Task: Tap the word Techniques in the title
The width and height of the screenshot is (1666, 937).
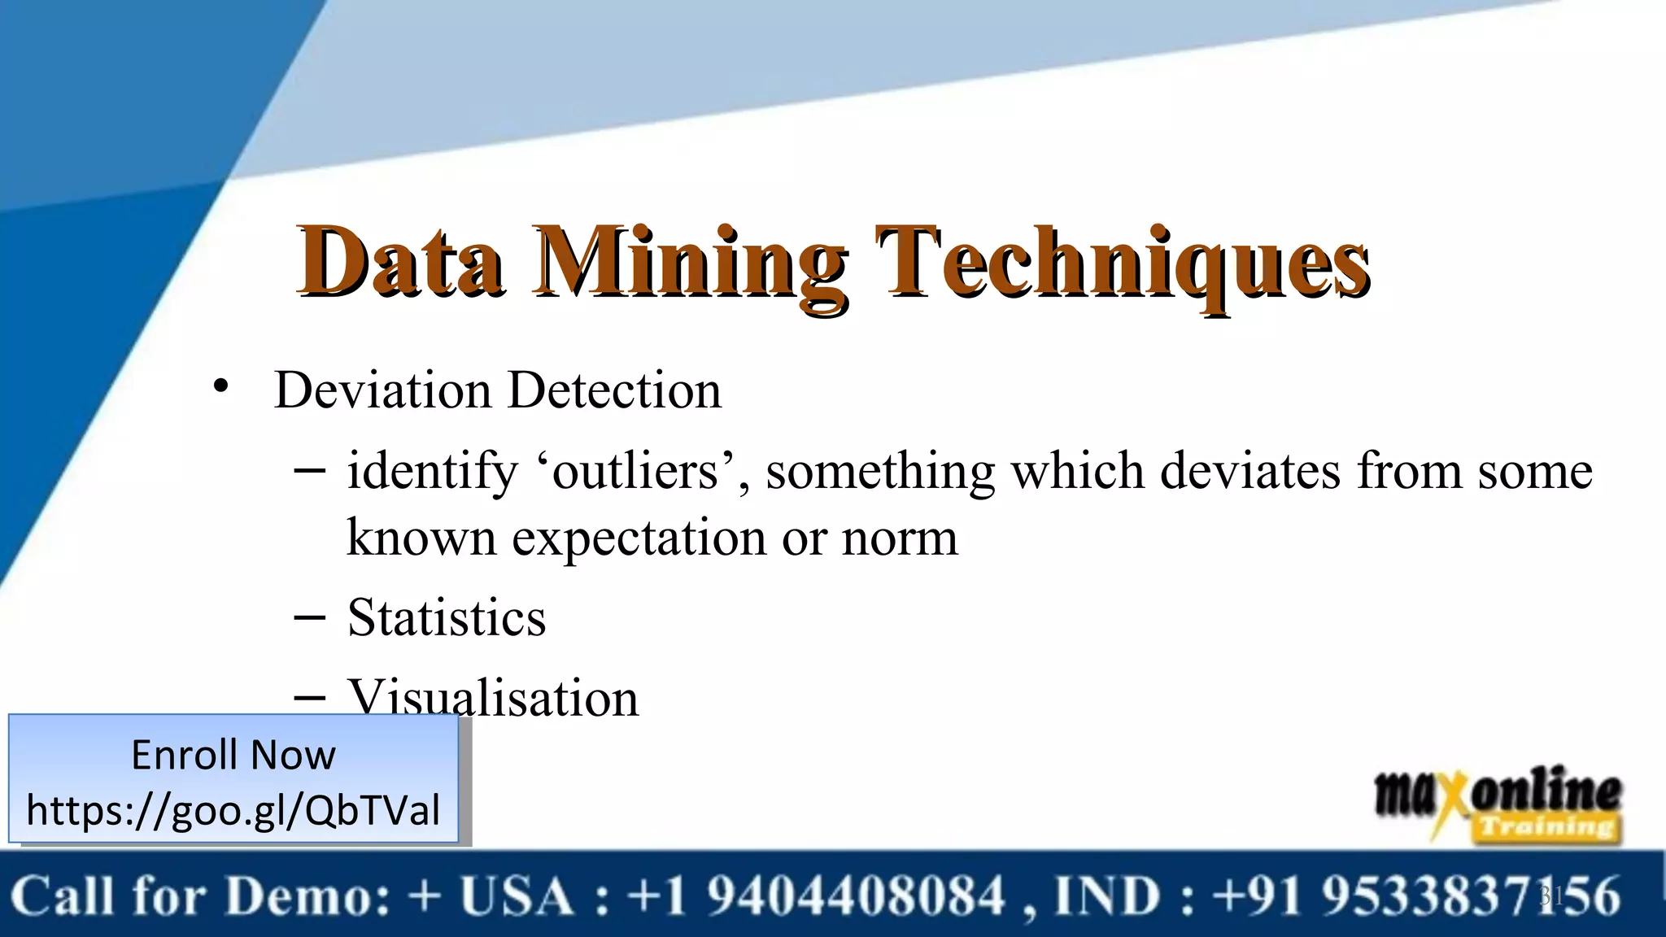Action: point(1123,262)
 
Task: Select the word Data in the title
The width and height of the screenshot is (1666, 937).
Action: point(400,262)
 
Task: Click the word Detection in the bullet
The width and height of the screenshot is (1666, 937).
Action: point(615,390)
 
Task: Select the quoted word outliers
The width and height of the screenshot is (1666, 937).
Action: point(635,472)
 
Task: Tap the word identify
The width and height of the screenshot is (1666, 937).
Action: point(432,472)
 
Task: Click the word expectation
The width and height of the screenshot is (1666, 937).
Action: point(639,538)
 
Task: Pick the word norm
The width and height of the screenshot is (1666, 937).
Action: point(900,538)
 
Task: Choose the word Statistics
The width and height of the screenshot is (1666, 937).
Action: point(447,617)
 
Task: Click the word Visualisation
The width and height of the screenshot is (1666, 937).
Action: point(493,697)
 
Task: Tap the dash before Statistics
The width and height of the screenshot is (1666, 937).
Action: point(309,617)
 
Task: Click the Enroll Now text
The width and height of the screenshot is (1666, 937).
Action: point(233,755)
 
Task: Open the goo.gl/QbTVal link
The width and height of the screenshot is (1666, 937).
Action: point(233,810)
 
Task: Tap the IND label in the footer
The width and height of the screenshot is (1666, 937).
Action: point(1107,896)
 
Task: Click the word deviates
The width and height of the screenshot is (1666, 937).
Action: point(1250,472)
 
